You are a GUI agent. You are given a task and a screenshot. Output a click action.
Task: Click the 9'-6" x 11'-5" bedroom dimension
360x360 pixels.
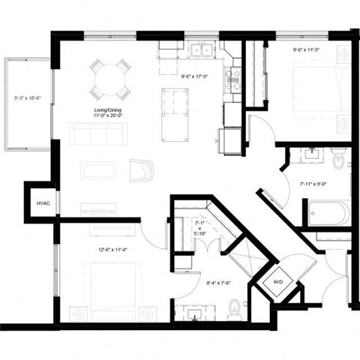coord(305,51)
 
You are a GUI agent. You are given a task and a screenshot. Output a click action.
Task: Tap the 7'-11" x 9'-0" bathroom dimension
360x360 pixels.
coord(315,183)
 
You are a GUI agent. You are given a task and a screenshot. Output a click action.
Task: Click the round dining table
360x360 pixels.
coord(110,78)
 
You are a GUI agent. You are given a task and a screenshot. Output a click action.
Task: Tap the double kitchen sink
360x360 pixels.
coord(200,51)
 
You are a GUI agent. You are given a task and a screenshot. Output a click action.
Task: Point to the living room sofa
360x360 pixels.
coord(97,135)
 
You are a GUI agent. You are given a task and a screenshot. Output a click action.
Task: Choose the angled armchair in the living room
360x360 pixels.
coord(142,171)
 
